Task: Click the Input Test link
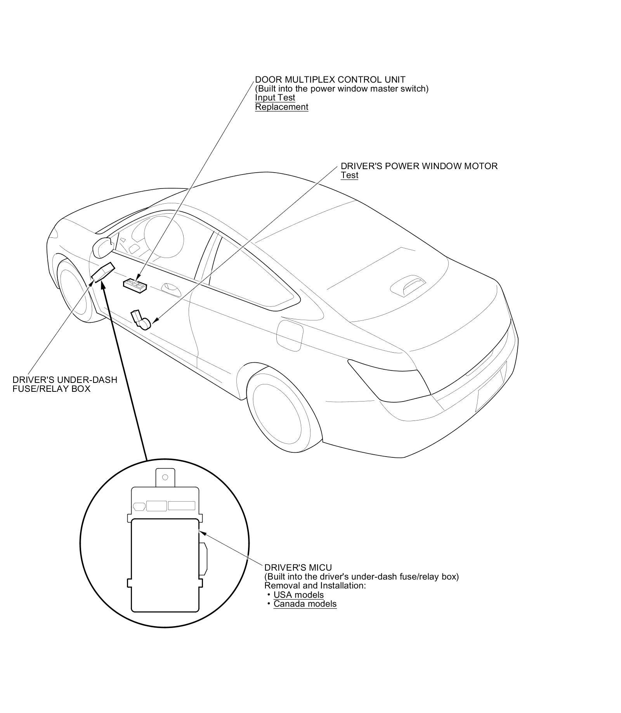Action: tap(275, 98)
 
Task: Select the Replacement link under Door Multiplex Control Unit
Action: tap(281, 107)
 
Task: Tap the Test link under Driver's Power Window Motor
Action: tap(349, 175)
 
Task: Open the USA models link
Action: tap(298, 595)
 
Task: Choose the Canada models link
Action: tap(305, 604)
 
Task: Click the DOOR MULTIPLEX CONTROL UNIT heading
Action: tap(330, 80)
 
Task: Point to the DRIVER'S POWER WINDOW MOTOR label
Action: tap(419, 166)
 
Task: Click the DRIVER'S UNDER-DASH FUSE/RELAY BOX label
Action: tap(64, 384)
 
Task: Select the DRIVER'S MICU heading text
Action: tap(298, 568)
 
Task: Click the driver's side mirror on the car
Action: tap(102, 247)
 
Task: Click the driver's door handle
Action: tap(171, 287)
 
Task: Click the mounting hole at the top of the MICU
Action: tap(165, 477)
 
